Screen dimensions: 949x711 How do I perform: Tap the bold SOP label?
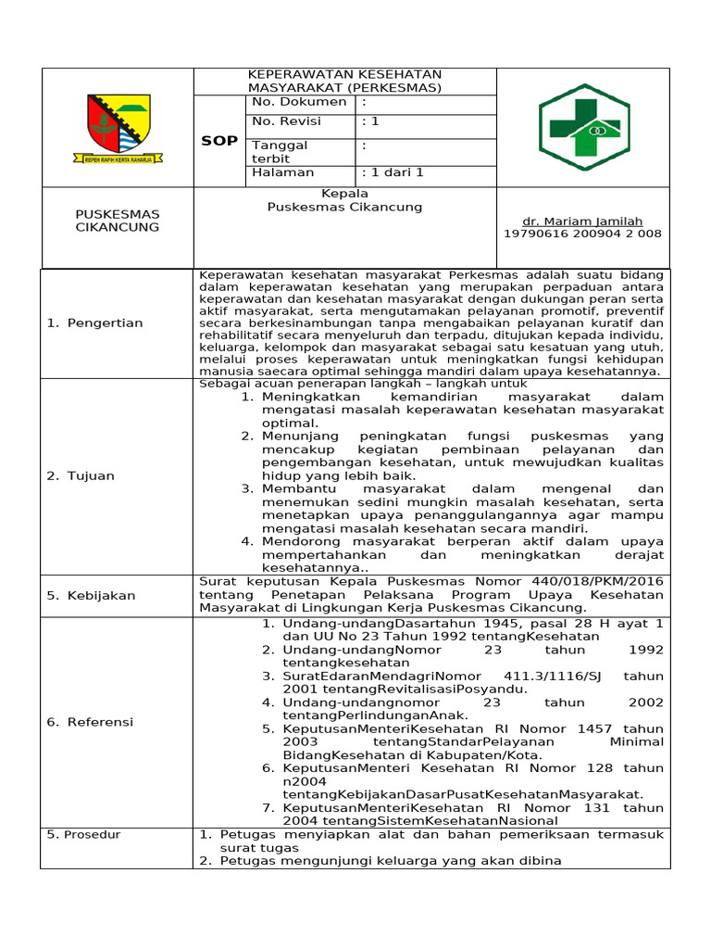click(219, 141)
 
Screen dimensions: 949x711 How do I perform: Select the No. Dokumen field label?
click(299, 102)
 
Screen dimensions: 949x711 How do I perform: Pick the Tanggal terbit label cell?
click(281, 152)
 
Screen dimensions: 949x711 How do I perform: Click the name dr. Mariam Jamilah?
click(582, 221)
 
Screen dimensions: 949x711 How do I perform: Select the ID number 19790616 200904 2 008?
click(582, 234)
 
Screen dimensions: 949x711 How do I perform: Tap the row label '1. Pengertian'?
click(95, 323)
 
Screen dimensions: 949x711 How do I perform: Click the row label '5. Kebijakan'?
click(91, 595)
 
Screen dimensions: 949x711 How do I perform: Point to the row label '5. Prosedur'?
click(84, 834)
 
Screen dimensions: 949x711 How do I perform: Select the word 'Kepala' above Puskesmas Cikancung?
click(344, 194)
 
